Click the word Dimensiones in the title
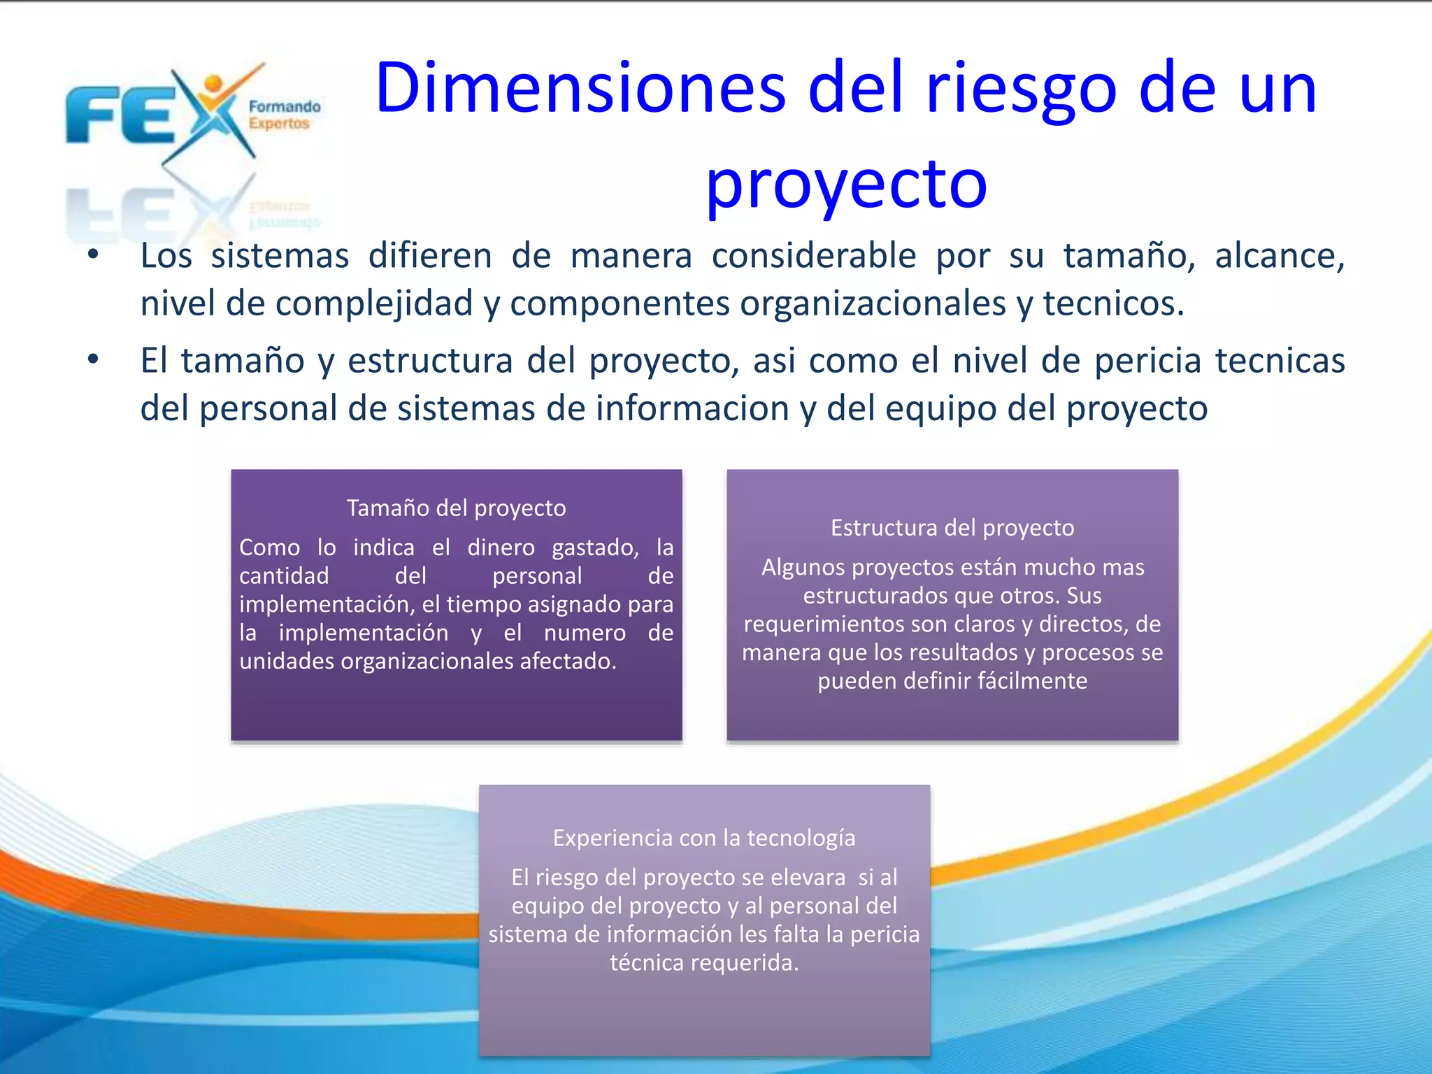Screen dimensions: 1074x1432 click(580, 89)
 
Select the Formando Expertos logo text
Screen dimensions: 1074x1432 click(284, 115)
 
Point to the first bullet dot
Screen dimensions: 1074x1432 click(93, 255)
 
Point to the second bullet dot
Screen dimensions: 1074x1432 click(93, 360)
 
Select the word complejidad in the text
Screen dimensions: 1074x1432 click(373, 304)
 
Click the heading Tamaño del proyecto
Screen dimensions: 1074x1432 click(456, 508)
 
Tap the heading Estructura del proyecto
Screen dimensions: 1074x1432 click(952, 527)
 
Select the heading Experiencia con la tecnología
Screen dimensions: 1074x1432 click(703, 838)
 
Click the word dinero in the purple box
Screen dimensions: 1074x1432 click(501, 547)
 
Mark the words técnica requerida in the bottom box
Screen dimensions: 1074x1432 click(703, 963)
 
